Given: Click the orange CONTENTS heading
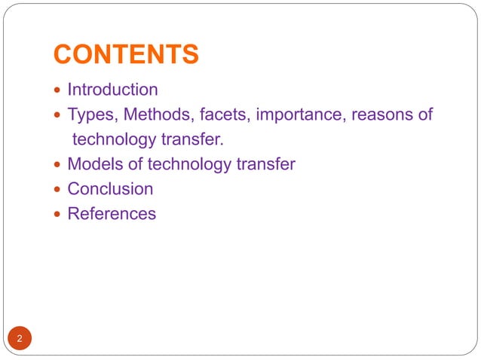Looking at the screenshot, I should pyautogui.click(x=127, y=54).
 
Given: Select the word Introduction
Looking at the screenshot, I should pyautogui.click(x=112, y=90).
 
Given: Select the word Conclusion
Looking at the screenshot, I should pyautogui.click(x=110, y=189).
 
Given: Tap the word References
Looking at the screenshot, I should pyautogui.click(x=112, y=214).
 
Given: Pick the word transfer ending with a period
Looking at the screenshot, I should pyautogui.click(x=198, y=139).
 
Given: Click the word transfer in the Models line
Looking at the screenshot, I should pyautogui.click(x=267, y=164).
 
